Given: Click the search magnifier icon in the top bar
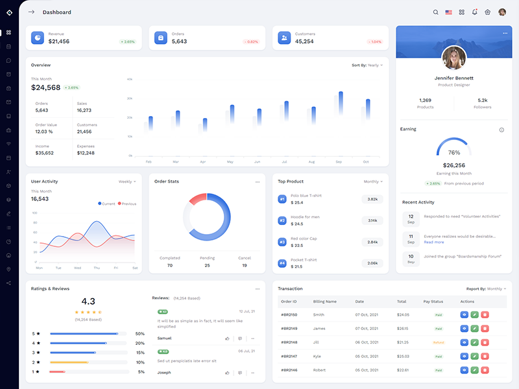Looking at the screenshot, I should (x=435, y=12).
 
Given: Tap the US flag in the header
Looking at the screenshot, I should (x=448, y=12).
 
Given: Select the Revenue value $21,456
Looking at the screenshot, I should (x=59, y=41).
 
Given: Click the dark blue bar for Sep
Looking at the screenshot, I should (x=341, y=104).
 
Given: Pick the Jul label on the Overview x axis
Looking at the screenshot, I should (x=284, y=161).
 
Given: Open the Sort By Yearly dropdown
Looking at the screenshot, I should (x=367, y=65).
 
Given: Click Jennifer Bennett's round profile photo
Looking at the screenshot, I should (x=453, y=58).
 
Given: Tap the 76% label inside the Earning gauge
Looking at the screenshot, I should (x=454, y=152).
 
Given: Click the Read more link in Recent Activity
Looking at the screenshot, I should (x=434, y=242).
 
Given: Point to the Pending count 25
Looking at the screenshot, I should (x=207, y=265).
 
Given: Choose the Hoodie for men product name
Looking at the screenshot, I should (x=305, y=217).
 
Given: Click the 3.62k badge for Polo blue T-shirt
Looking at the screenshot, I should (x=372, y=199).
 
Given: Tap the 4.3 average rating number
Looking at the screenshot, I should (x=88, y=301).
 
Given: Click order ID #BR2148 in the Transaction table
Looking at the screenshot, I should (x=289, y=342).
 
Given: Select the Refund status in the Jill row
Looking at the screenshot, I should (x=438, y=342).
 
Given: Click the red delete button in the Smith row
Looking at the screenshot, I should (x=485, y=315).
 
